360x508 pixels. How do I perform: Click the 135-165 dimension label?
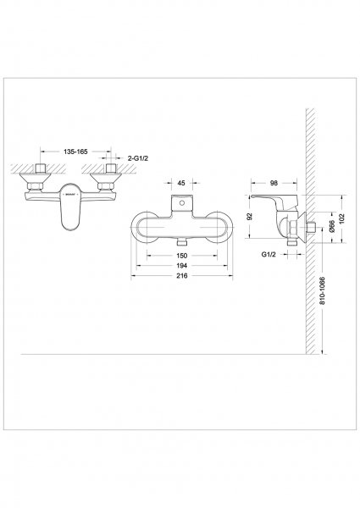75,152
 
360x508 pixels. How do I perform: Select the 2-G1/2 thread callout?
138,158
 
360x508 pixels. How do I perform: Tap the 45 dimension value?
181,183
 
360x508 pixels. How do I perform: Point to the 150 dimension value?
182,256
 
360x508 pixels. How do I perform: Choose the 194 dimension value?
182,266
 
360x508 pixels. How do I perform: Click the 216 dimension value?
182,276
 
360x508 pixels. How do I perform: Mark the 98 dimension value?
274,183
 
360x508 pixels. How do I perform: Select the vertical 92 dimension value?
249,217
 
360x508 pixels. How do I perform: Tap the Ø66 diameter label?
331,226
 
